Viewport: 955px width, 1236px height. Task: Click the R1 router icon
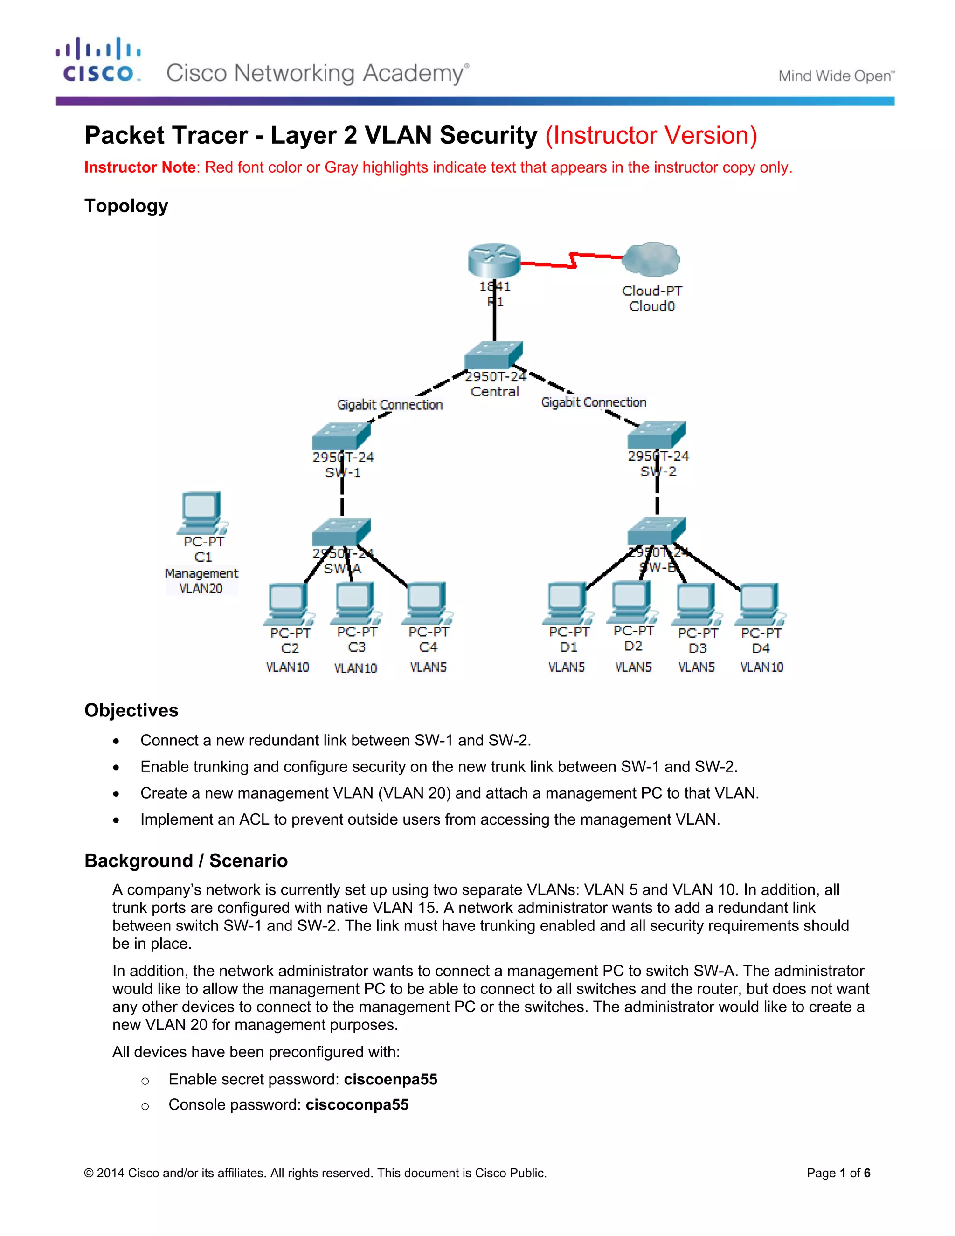494,260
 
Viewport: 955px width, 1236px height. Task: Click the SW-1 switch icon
341,436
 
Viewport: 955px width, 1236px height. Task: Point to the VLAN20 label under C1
201,589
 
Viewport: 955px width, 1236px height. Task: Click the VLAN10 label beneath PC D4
761,667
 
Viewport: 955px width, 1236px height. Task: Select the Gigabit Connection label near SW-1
390,405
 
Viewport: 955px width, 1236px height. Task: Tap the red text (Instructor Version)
651,136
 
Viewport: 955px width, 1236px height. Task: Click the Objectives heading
131,710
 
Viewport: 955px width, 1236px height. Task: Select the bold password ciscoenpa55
390,1079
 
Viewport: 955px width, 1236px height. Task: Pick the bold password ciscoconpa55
357,1104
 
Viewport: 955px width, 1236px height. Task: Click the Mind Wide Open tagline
836,76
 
